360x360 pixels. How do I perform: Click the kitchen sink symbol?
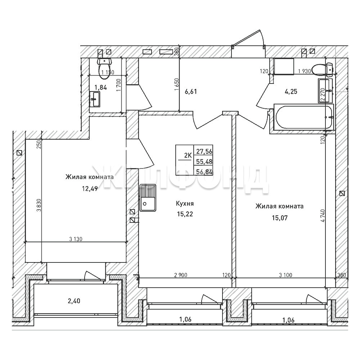[x=147, y=198]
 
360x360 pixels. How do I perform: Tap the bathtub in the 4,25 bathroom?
[x=304, y=117]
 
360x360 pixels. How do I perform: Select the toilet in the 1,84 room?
[x=104, y=68]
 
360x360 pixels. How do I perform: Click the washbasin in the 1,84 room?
[x=94, y=99]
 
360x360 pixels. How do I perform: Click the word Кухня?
[x=185, y=203]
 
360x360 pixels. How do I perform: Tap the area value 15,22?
[x=185, y=214]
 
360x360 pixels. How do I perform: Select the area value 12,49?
[x=90, y=189]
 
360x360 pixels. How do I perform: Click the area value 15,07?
[x=280, y=218]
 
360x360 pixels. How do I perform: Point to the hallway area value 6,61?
[x=191, y=92]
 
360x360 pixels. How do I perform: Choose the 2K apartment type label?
[x=188, y=156]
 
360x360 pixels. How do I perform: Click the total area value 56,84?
[x=204, y=172]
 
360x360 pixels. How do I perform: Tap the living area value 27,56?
[x=204, y=152]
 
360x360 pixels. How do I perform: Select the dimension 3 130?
[x=76, y=239]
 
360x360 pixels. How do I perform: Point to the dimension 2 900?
[x=181, y=275]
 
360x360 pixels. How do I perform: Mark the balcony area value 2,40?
[x=74, y=301]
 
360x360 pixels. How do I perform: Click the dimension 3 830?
[x=39, y=206]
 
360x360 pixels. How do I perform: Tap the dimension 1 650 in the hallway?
[x=176, y=85]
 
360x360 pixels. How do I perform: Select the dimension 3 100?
[x=285, y=275]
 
